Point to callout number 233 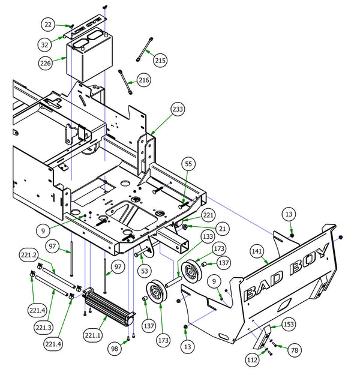177,110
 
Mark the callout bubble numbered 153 289,324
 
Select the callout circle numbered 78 294,349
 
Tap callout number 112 253,359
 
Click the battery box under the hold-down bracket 88,59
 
